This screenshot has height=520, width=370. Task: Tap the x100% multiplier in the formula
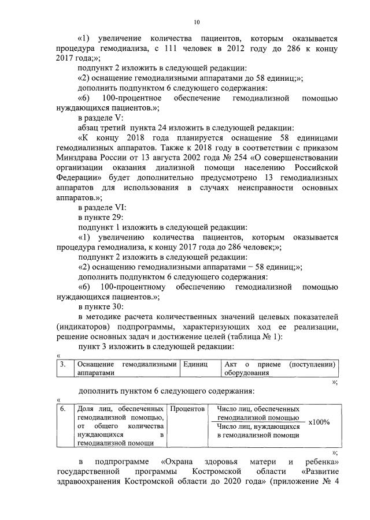tap(319, 422)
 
